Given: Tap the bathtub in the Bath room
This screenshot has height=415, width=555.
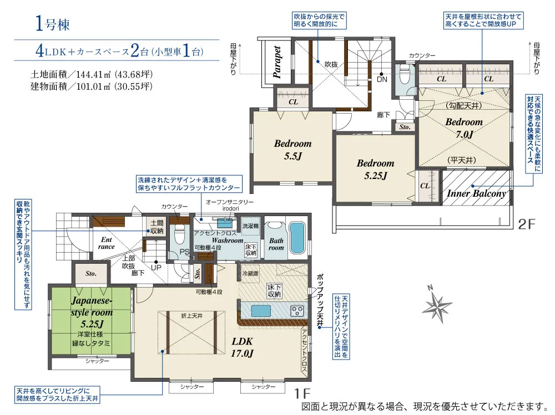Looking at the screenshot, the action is click(297, 238).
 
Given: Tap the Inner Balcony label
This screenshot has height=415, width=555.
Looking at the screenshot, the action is click(476, 194).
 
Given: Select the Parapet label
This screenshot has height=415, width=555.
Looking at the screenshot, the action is click(277, 62).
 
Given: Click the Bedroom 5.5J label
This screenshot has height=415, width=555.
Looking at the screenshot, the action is click(292, 150).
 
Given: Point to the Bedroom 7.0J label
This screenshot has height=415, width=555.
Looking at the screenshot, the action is click(464, 128).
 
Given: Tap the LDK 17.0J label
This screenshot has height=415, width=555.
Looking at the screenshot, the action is click(243, 347).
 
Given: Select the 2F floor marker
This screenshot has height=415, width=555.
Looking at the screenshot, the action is click(527, 224).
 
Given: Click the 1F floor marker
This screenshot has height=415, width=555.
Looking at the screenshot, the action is click(302, 393).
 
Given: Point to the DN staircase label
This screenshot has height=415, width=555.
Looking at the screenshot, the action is click(382, 79).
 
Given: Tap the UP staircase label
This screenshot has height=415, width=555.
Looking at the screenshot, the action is click(156, 268).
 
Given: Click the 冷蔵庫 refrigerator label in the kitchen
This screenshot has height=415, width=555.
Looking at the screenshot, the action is click(250, 274).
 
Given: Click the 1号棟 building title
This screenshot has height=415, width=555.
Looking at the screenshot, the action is click(52, 24).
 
